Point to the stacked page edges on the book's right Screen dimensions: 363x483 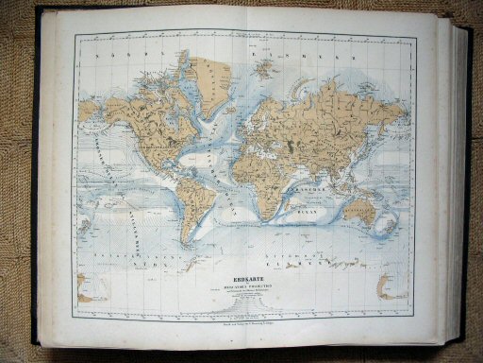tap(464, 180)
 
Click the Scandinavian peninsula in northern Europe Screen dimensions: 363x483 tap(259, 90)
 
